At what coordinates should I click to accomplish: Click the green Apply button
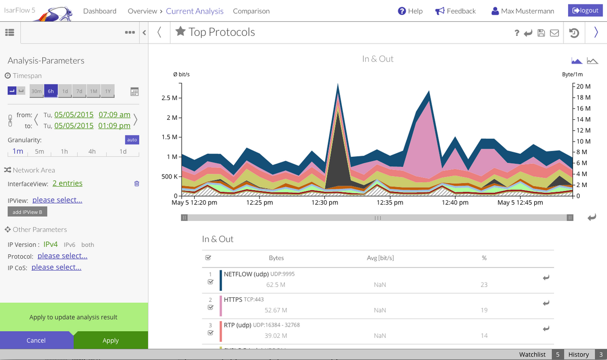111,340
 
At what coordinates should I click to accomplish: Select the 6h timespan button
51,91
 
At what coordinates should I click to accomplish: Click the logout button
585,11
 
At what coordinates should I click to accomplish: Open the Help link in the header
410,11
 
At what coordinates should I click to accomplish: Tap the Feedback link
455,11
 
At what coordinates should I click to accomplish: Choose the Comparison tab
251,11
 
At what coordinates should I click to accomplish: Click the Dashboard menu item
100,11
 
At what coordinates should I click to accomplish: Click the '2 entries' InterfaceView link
67,183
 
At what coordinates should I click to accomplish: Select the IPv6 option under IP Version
70,245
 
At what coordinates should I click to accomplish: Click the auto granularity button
132,140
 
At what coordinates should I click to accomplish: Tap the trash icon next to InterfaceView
137,184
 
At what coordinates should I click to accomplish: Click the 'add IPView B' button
27,212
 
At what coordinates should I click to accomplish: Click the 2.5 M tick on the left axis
168,98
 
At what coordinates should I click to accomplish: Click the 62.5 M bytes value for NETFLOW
276,285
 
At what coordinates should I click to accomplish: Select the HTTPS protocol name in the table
233,299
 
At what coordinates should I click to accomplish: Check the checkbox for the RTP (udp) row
210,333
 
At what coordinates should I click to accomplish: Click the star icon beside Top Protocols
181,32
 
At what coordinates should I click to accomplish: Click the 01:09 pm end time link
114,125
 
